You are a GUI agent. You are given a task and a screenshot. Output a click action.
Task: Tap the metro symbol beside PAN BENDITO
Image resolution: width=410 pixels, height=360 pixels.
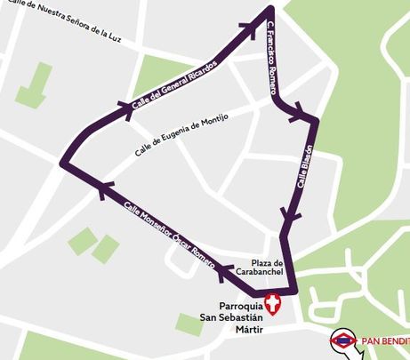coord(342,340)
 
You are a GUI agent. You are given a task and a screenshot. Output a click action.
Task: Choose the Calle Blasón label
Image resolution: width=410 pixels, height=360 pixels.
coord(302,166)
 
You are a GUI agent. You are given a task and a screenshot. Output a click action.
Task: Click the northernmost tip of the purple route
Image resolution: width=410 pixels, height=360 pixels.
coord(269,10)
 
